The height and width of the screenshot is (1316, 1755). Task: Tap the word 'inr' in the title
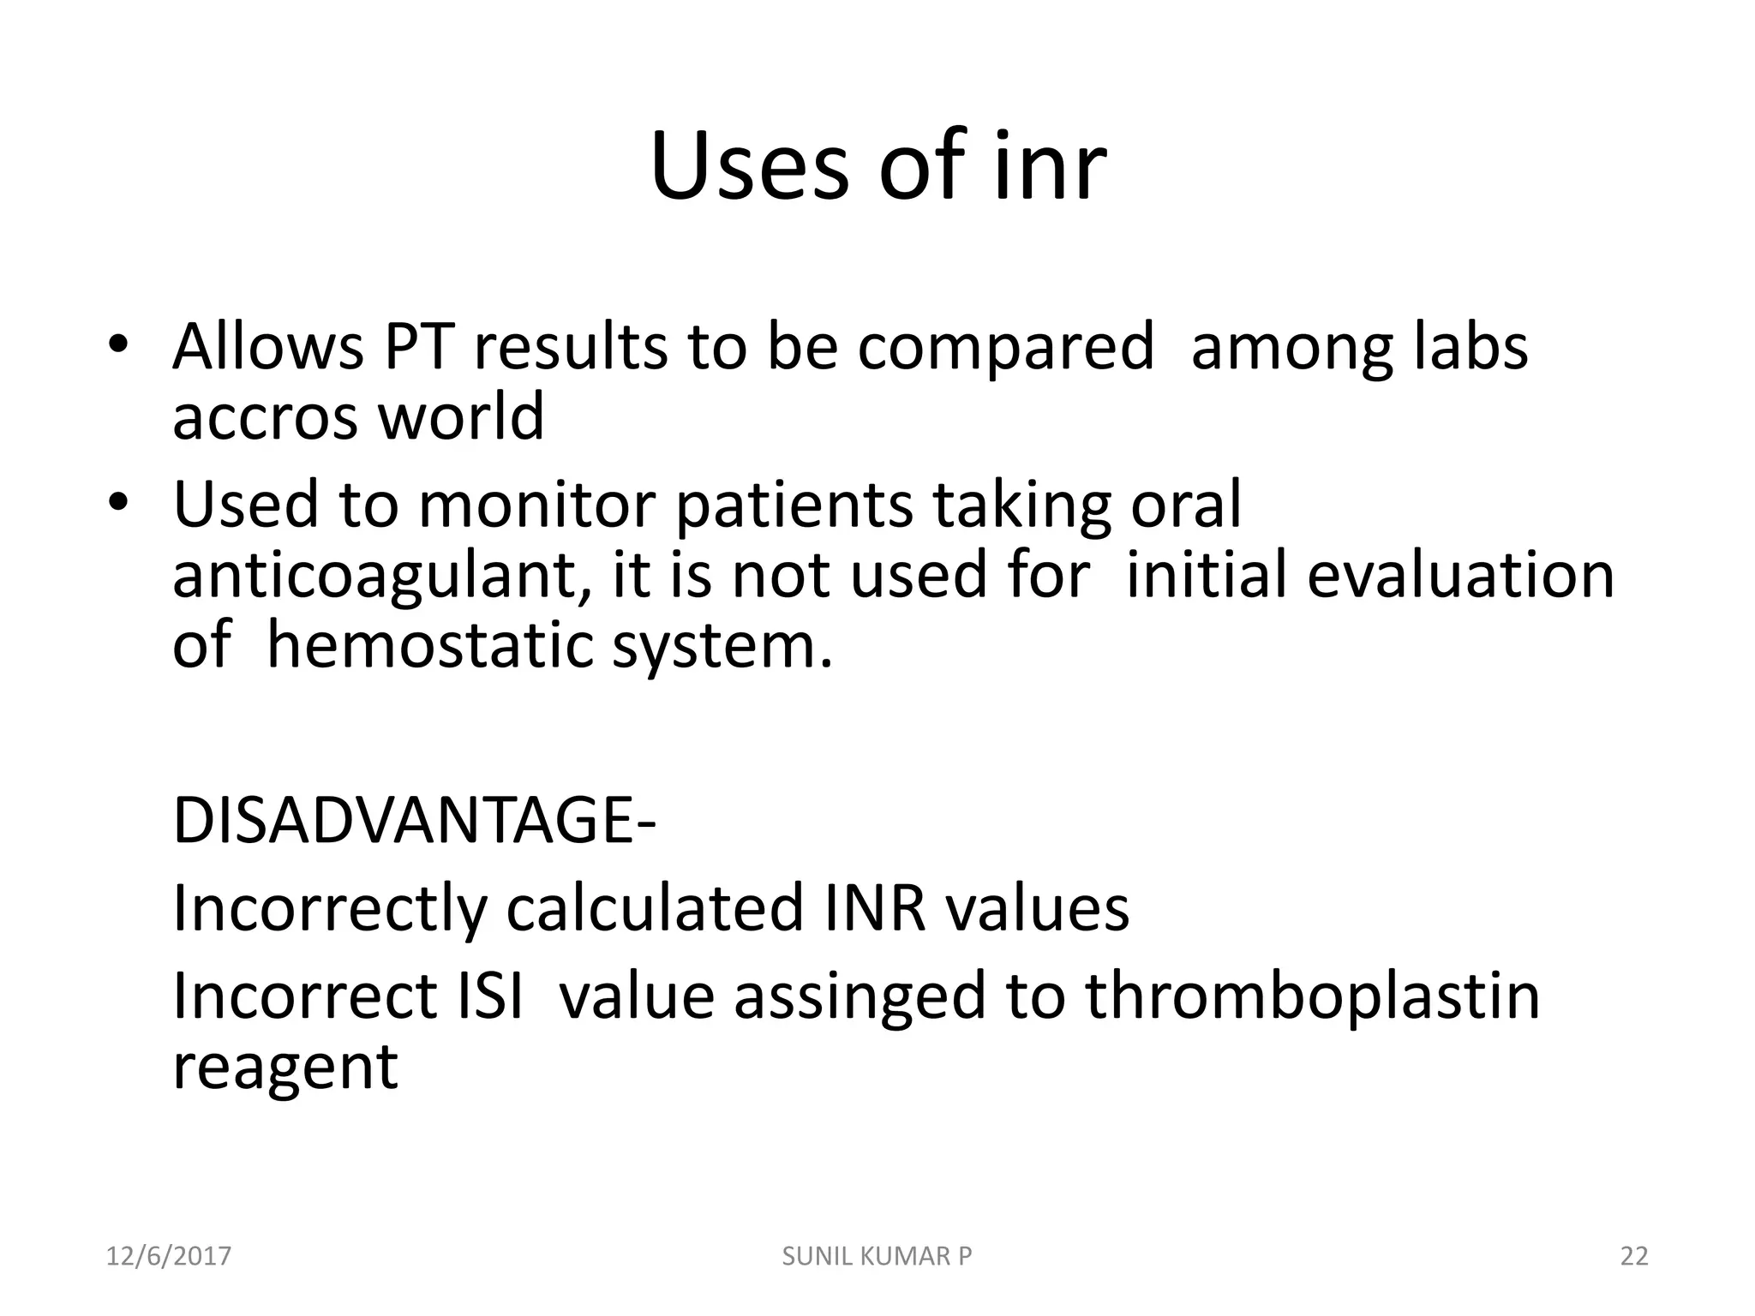tap(1051, 167)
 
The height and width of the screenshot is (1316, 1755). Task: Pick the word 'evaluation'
tap(1460, 575)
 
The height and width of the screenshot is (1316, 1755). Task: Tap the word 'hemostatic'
tap(429, 645)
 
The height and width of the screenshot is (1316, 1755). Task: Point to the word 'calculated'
tap(655, 908)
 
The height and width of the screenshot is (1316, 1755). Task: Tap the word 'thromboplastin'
tap(1312, 997)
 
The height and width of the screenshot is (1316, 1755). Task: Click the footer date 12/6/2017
tap(169, 1256)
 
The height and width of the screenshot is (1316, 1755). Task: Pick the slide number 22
tap(1634, 1256)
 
